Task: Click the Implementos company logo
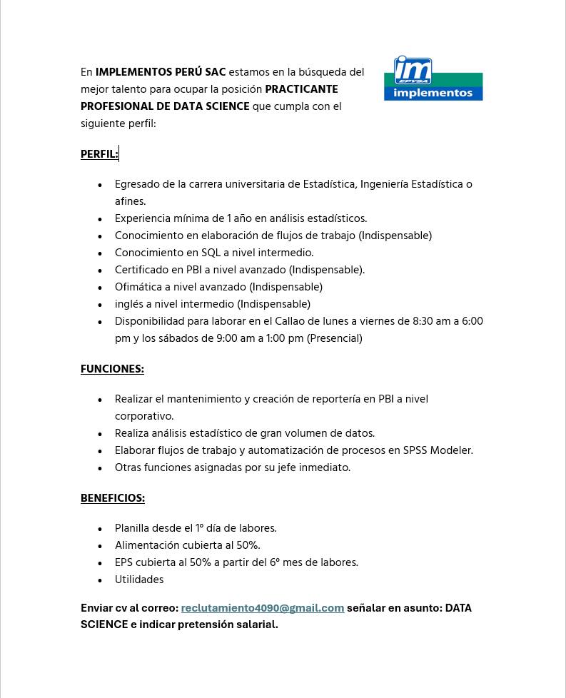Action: pos(433,79)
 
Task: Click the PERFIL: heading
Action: pos(99,154)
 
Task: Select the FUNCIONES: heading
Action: pos(112,369)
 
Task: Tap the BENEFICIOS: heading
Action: pos(113,498)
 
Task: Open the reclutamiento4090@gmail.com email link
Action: pos(262,608)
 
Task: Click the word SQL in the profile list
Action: pos(211,253)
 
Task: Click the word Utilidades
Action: pos(139,580)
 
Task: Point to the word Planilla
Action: pos(134,529)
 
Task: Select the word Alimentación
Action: pos(148,546)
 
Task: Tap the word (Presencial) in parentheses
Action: pos(334,339)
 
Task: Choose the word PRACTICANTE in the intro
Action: pos(301,90)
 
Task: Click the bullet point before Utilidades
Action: pos(100,581)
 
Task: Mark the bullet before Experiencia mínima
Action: pos(100,220)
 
